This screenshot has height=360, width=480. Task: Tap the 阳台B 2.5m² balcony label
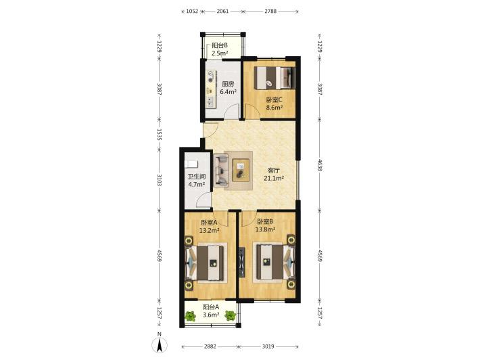tap(220, 49)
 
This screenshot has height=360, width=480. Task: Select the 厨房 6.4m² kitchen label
tap(228, 87)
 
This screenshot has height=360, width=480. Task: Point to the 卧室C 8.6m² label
tap(274, 104)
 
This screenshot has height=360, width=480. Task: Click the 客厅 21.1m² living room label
tap(274, 174)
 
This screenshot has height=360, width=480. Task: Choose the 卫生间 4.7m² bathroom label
tap(197, 181)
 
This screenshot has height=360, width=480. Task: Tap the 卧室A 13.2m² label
tap(209, 226)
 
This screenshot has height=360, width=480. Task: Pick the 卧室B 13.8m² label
tap(266, 225)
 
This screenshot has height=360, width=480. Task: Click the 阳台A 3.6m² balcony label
tap(211, 311)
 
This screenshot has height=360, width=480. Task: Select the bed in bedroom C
tap(274, 78)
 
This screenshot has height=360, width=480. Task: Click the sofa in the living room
tap(221, 171)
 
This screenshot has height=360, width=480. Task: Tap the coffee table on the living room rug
tap(241, 170)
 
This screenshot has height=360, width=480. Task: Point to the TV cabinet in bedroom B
tap(241, 262)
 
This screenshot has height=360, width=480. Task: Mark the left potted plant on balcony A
tap(191, 316)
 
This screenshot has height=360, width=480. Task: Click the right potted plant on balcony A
tap(231, 315)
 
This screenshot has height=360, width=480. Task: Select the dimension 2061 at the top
tap(222, 12)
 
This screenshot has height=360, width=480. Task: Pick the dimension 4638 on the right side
tap(320, 165)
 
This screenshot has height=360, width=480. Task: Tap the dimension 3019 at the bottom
tap(268, 346)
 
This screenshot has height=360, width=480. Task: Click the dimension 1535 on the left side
tap(159, 134)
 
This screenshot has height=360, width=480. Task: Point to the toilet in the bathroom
tap(191, 164)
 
